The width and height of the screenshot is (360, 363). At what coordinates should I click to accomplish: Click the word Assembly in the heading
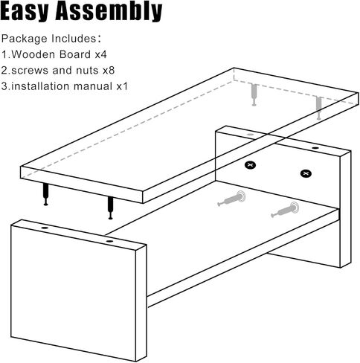[x=112, y=13]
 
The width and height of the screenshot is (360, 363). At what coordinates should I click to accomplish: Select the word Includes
[x=77, y=38]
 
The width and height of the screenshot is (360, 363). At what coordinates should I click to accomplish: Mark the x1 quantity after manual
[x=121, y=87]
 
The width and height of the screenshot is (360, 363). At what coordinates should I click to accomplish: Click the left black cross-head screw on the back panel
[x=251, y=163]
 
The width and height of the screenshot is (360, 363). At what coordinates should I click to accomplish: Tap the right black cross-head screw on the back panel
[x=305, y=174]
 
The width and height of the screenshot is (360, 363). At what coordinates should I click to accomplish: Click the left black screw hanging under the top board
[x=47, y=195]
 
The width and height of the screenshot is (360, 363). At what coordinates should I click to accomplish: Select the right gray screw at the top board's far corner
[x=318, y=108]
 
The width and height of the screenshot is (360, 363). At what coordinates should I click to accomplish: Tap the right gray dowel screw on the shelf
[x=284, y=211]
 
